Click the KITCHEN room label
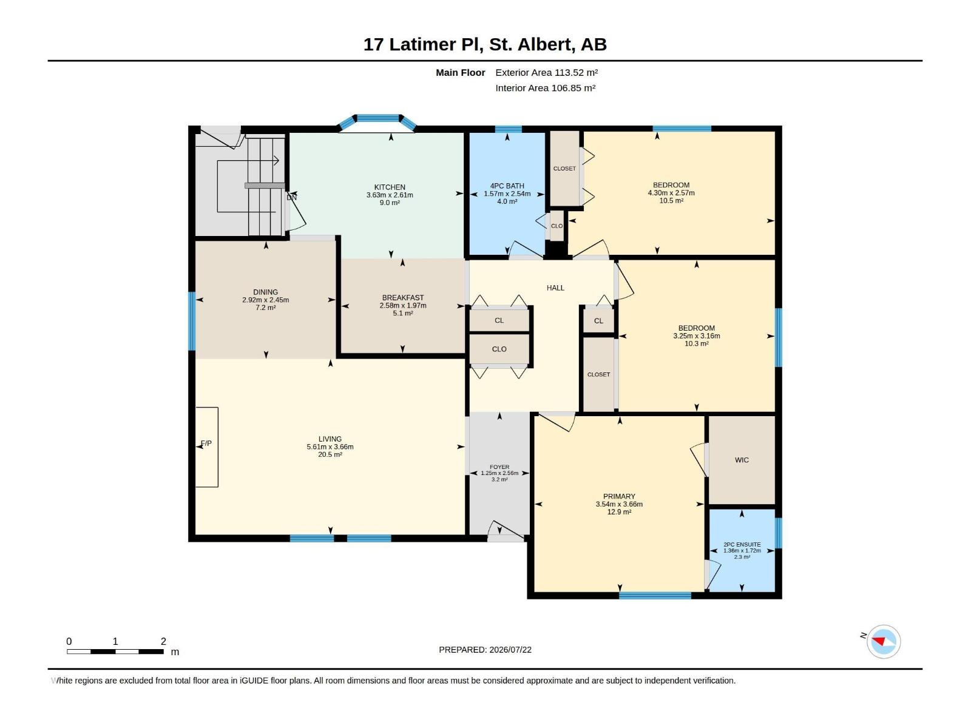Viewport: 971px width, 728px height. point(389,187)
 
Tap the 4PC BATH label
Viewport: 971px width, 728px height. point(507,186)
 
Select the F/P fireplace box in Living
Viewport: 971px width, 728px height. point(206,447)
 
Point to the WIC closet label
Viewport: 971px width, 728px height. point(742,460)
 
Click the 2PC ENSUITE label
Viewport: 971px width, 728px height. point(742,545)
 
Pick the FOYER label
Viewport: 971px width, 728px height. point(499,467)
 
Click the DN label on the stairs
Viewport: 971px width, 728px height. point(291,198)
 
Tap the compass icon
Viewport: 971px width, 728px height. point(884,641)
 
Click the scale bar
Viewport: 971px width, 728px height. point(115,652)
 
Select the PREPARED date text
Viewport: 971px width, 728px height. point(485,650)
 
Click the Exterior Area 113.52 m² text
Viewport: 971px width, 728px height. point(546,72)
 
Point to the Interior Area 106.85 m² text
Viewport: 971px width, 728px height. point(545,88)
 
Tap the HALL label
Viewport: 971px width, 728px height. point(555,288)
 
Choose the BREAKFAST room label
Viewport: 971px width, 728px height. point(402,297)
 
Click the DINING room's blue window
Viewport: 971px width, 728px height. point(192,322)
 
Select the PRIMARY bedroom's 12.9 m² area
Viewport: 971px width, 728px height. point(619,512)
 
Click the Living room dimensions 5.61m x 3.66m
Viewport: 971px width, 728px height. point(330,447)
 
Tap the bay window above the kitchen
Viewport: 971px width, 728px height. point(377,120)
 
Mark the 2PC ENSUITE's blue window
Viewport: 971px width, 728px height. point(779,533)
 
